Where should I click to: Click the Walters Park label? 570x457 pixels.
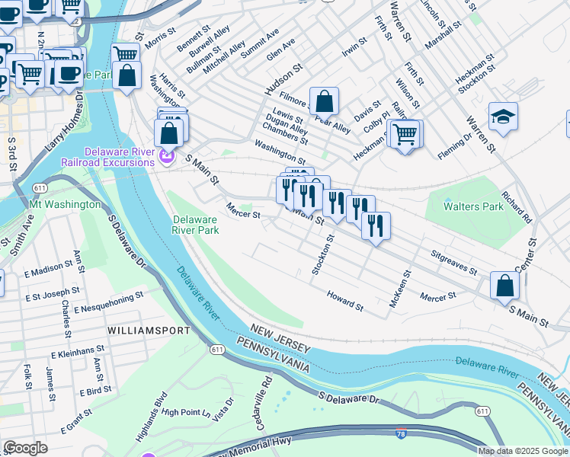(473, 206)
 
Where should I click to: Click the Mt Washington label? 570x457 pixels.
(65, 204)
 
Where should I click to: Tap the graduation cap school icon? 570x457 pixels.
(503, 117)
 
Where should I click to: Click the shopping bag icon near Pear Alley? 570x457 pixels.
(324, 101)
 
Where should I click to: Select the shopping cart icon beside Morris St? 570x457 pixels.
(125, 54)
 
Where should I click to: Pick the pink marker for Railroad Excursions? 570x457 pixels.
(168, 158)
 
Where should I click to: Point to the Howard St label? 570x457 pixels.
(345, 300)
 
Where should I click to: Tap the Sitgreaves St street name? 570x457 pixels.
(453, 262)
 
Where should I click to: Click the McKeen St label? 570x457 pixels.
(400, 289)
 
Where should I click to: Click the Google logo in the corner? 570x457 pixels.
(25, 448)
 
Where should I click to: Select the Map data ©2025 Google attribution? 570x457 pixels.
(523, 451)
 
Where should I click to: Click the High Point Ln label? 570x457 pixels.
(186, 412)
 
